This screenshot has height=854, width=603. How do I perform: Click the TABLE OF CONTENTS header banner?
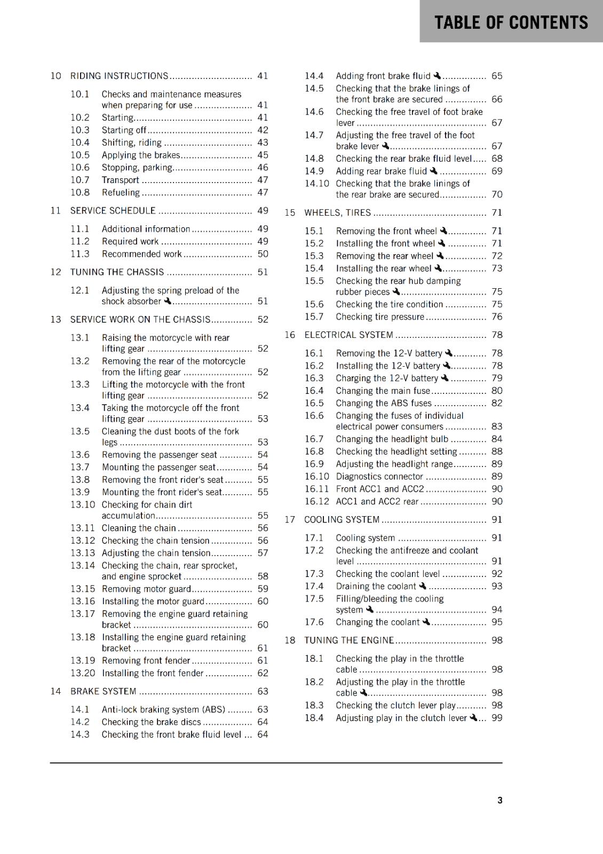pos(511,22)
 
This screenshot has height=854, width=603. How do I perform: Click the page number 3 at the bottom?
pos(499,800)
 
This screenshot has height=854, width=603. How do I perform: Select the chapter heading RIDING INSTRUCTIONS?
pos(119,76)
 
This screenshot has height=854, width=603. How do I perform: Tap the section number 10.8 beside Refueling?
pos(80,193)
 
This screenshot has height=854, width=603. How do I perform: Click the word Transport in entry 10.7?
pos(120,180)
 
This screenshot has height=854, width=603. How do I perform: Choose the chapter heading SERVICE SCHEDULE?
pos(113,211)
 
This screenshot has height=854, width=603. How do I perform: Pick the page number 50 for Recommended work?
pos(263,254)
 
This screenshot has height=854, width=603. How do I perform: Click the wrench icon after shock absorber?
pos(168,301)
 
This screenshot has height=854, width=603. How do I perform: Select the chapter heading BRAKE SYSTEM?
pos(103,691)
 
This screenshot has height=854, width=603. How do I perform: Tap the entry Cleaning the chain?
pos(139,528)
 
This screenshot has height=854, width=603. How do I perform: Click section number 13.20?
pos(83,673)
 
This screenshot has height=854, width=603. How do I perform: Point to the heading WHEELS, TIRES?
pos(337,212)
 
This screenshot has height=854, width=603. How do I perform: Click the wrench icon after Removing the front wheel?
pos(443,231)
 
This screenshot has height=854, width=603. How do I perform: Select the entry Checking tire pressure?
pos(379,317)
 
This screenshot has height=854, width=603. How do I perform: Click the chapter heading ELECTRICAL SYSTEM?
pos(348,335)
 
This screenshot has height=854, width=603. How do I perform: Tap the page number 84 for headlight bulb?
pos(497,439)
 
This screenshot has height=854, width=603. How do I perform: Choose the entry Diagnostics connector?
pos(379,476)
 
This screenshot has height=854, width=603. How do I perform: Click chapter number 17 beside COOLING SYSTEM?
pos(290,519)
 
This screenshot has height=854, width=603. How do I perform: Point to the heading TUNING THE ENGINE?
pos(349,640)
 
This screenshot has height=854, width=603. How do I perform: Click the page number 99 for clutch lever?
pos(497,718)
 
